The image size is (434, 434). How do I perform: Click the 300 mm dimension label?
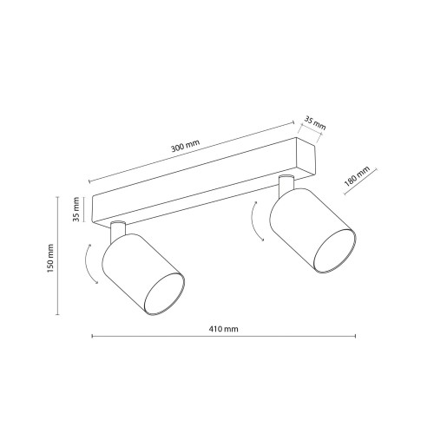click(x=186, y=146)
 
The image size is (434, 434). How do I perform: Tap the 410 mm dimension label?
click(x=223, y=329)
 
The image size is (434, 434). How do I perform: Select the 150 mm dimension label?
click(x=50, y=258)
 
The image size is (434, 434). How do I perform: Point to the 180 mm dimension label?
click(x=357, y=176)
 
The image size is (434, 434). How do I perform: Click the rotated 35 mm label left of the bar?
click(x=76, y=209)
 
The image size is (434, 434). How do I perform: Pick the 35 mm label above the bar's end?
click(x=315, y=123)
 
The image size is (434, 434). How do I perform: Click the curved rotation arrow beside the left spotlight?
click(x=89, y=264)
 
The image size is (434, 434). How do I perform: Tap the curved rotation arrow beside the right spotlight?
click(x=255, y=221)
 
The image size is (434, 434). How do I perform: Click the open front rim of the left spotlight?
click(x=164, y=294)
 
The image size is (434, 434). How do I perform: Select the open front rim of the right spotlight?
click(x=335, y=251)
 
